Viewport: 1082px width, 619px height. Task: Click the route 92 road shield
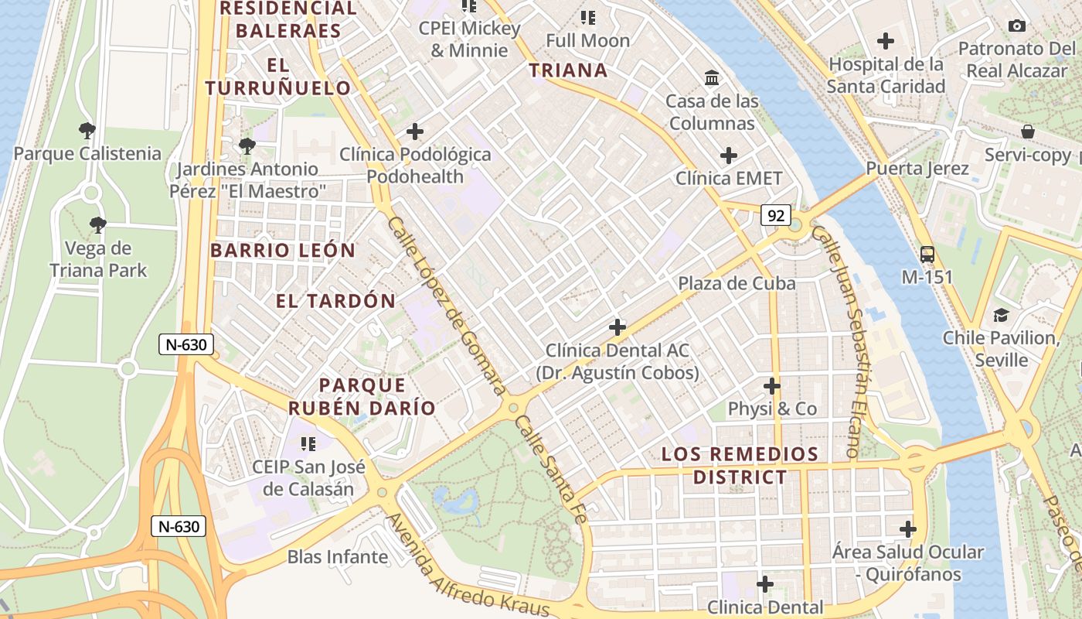pos(775,215)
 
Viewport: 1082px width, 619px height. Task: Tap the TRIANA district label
pos(568,70)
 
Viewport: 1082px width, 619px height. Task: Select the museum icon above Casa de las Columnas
pos(712,77)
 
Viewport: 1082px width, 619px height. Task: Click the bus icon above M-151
pos(927,254)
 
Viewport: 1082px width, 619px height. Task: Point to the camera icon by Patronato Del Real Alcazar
pos(1017,26)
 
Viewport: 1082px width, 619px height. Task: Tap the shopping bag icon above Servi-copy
pos(1027,132)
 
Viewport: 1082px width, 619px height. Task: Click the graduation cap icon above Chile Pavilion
pos(1001,315)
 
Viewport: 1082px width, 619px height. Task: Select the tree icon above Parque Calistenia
pos(87,130)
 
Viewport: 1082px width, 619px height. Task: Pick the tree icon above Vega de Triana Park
pos(97,225)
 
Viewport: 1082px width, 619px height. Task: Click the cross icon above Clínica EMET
pos(728,156)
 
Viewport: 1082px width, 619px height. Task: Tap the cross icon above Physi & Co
pos(771,385)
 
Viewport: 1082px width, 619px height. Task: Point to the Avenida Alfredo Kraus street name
pos(468,565)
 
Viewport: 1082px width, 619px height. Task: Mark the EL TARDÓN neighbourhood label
pos(335,301)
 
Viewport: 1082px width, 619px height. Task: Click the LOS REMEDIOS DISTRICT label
pos(740,465)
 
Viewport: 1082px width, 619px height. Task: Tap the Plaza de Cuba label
pos(737,283)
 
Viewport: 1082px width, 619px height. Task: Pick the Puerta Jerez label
pos(917,169)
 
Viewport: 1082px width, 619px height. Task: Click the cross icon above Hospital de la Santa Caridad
pos(886,41)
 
